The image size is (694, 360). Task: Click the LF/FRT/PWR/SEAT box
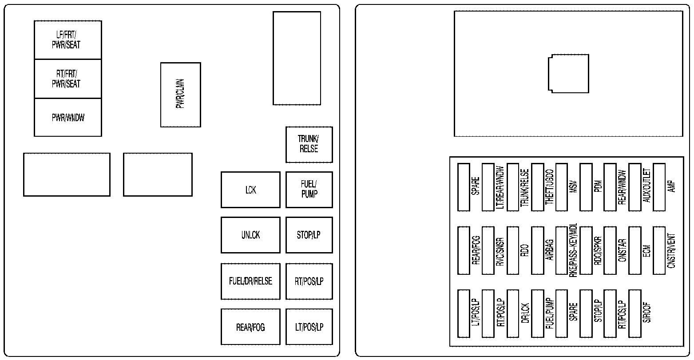click(x=67, y=40)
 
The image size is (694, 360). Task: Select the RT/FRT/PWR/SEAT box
click(x=67, y=79)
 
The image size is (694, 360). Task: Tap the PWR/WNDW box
click(x=67, y=118)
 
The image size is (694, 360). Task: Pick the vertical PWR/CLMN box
click(x=180, y=95)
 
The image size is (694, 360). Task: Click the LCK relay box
click(x=250, y=190)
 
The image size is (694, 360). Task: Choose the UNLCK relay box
click(x=250, y=235)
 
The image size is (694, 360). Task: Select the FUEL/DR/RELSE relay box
click(x=250, y=281)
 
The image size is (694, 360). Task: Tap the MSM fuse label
click(x=573, y=187)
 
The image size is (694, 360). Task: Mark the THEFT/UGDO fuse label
click(x=549, y=187)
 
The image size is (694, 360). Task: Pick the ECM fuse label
click(x=646, y=251)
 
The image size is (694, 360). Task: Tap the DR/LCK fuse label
click(x=525, y=313)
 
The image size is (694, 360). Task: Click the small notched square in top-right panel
click(x=568, y=73)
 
